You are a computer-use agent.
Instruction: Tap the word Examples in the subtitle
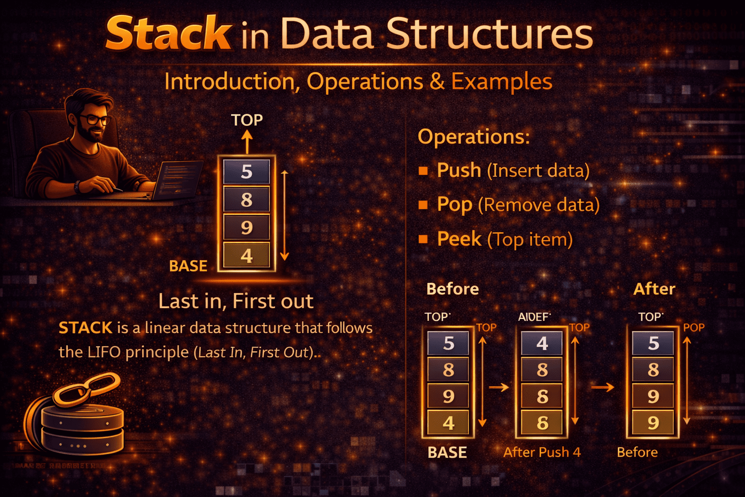(502, 82)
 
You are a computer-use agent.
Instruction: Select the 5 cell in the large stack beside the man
(246, 172)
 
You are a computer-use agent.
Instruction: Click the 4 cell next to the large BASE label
(246, 255)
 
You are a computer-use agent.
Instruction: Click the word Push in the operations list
(459, 170)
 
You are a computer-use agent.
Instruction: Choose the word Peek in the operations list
(459, 239)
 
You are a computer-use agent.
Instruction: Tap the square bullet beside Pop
(423, 205)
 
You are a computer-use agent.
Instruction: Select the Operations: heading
(474, 136)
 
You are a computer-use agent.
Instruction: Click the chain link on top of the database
(86, 388)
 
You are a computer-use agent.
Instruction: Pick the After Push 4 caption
(542, 452)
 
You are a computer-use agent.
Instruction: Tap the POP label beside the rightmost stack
(694, 328)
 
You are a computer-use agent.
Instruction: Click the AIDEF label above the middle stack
(534, 317)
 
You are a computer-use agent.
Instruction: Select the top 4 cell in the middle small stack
(542, 344)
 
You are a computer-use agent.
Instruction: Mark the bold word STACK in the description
(85, 328)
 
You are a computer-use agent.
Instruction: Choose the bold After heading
(654, 289)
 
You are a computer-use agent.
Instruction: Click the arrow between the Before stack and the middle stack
(499, 387)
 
